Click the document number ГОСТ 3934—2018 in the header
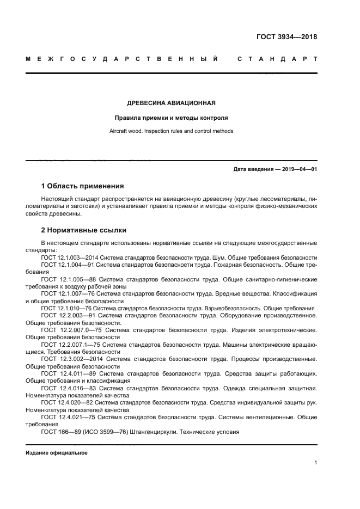286,37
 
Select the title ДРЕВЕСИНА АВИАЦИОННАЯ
171,102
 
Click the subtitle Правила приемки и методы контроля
171,117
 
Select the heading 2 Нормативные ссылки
84,230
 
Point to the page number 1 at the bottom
315,463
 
